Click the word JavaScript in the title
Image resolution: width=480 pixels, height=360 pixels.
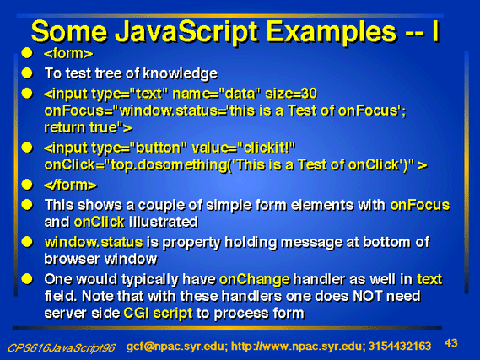[187, 32]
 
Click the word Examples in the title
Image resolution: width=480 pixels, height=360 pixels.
[332, 32]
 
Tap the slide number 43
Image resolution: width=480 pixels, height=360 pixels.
[451, 343]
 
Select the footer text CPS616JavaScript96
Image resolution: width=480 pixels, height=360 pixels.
[62, 347]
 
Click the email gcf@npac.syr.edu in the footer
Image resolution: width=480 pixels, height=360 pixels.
[176, 347]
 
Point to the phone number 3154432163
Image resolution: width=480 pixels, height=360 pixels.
[400, 347]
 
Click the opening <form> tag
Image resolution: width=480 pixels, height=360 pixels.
[68, 53]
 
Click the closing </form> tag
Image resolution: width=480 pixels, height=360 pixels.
[70, 185]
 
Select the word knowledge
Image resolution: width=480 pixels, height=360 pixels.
[181, 73]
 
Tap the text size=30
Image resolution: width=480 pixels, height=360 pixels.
[291, 94]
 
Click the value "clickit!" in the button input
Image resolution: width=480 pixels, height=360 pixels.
[267, 148]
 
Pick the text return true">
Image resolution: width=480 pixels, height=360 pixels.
[89, 127]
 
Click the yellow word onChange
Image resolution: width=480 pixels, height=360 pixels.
[255, 280]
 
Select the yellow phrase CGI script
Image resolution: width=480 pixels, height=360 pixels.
[158, 313]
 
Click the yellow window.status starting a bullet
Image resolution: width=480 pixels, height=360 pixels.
[94, 242]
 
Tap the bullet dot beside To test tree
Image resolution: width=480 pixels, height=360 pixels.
[27, 73]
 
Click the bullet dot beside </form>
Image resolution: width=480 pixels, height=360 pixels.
[27, 185]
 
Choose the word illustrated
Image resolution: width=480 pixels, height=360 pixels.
[164, 222]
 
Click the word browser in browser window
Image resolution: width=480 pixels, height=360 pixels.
[73, 259]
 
